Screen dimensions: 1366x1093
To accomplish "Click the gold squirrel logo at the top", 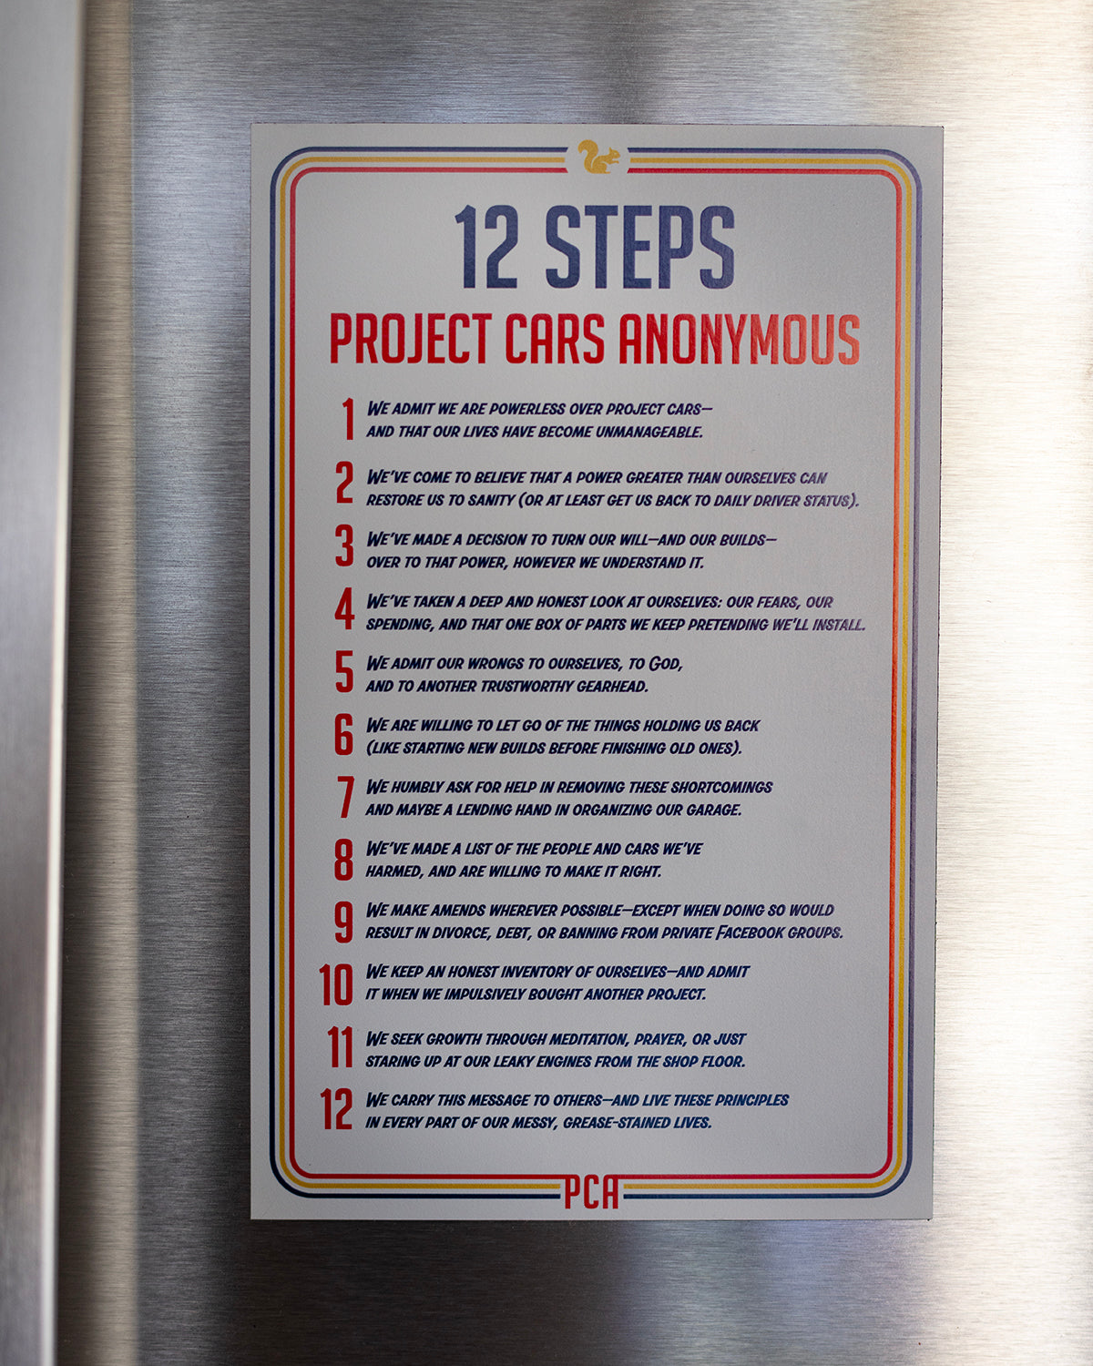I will coord(598,158).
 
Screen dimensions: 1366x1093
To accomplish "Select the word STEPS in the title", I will coord(639,247).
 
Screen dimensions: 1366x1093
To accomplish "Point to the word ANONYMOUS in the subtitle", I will coord(739,340).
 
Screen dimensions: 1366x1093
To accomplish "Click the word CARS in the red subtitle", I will coord(555,340).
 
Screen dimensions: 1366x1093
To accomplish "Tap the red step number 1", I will coord(348,420).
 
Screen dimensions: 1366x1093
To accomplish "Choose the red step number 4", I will coord(344,610).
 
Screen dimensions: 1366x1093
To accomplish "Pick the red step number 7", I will coord(345,798).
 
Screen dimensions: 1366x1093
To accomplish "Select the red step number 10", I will coord(336,984).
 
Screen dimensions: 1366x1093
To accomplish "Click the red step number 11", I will coord(340,1047).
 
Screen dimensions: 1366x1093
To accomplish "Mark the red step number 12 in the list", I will coord(336,1110).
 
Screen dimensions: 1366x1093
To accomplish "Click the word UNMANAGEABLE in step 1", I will coord(649,432).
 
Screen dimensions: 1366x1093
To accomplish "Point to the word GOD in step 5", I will coord(665,664).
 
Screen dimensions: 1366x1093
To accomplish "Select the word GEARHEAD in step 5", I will coord(609,687).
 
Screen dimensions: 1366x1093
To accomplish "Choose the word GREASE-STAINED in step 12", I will coord(616,1123).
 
